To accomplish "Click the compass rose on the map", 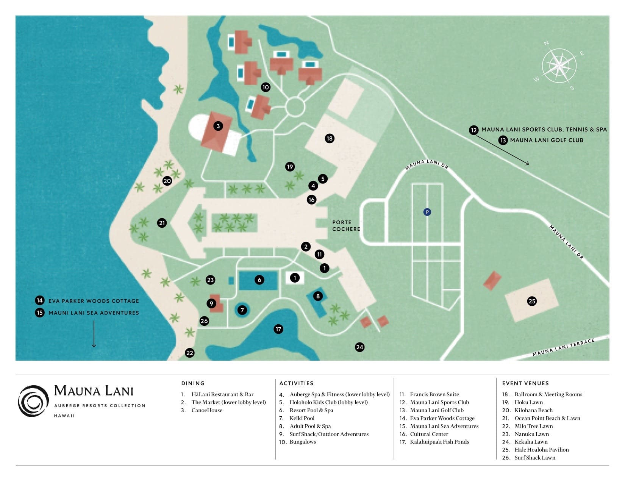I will point(559,66).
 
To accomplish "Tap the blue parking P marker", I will point(427,212).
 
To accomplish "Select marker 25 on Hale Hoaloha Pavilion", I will point(532,301).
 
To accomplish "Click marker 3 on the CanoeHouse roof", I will point(218,126).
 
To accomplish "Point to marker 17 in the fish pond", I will point(278,329).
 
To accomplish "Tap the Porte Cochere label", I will point(346,226).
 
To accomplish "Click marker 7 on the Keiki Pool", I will point(242,310).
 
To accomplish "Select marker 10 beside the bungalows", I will point(266,87).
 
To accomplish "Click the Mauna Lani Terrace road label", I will point(563,348).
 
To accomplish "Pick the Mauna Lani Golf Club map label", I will point(546,140).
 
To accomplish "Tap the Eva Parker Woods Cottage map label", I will point(94,301).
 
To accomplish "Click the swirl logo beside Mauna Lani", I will point(33,401).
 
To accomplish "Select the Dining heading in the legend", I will point(193,383).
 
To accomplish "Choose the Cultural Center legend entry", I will point(429,434).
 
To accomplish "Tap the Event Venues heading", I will point(525,383).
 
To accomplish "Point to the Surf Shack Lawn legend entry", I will point(534,458).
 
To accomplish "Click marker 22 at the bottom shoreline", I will point(190,353).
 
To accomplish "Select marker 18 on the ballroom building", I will point(330,138).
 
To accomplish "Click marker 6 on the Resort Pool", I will point(259,280).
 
